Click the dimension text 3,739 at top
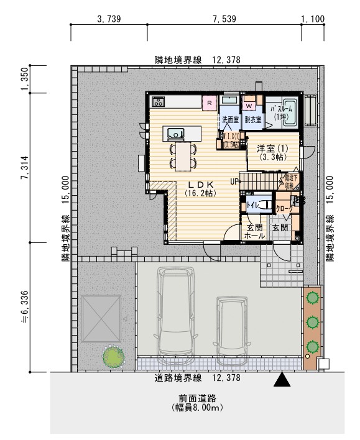pyautogui.click(x=109, y=19)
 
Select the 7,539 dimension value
pyautogui.click(x=225, y=19)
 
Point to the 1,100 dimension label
pyautogui.click(x=312, y=19)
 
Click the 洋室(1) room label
pyautogui.click(x=272, y=149)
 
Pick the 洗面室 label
pyautogui.click(x=230, y=119)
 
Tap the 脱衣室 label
pyautogui.click(x=252, y=119)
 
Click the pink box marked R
pyautogui.click(x=210, y=102)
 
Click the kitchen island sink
pyautogui.click(x=175, y=132)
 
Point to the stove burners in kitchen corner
pyautogui.click(x=157, y=101)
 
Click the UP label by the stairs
pyautogui.click(x=234, y=181)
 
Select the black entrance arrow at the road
pyautogui.click(x=283, y=378)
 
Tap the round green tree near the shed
pyautogui.click(x=113, y=357)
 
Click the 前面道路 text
pyautogui.click(x=196, y=398)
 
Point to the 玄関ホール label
pyautogui.click(x=255, y=231)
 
